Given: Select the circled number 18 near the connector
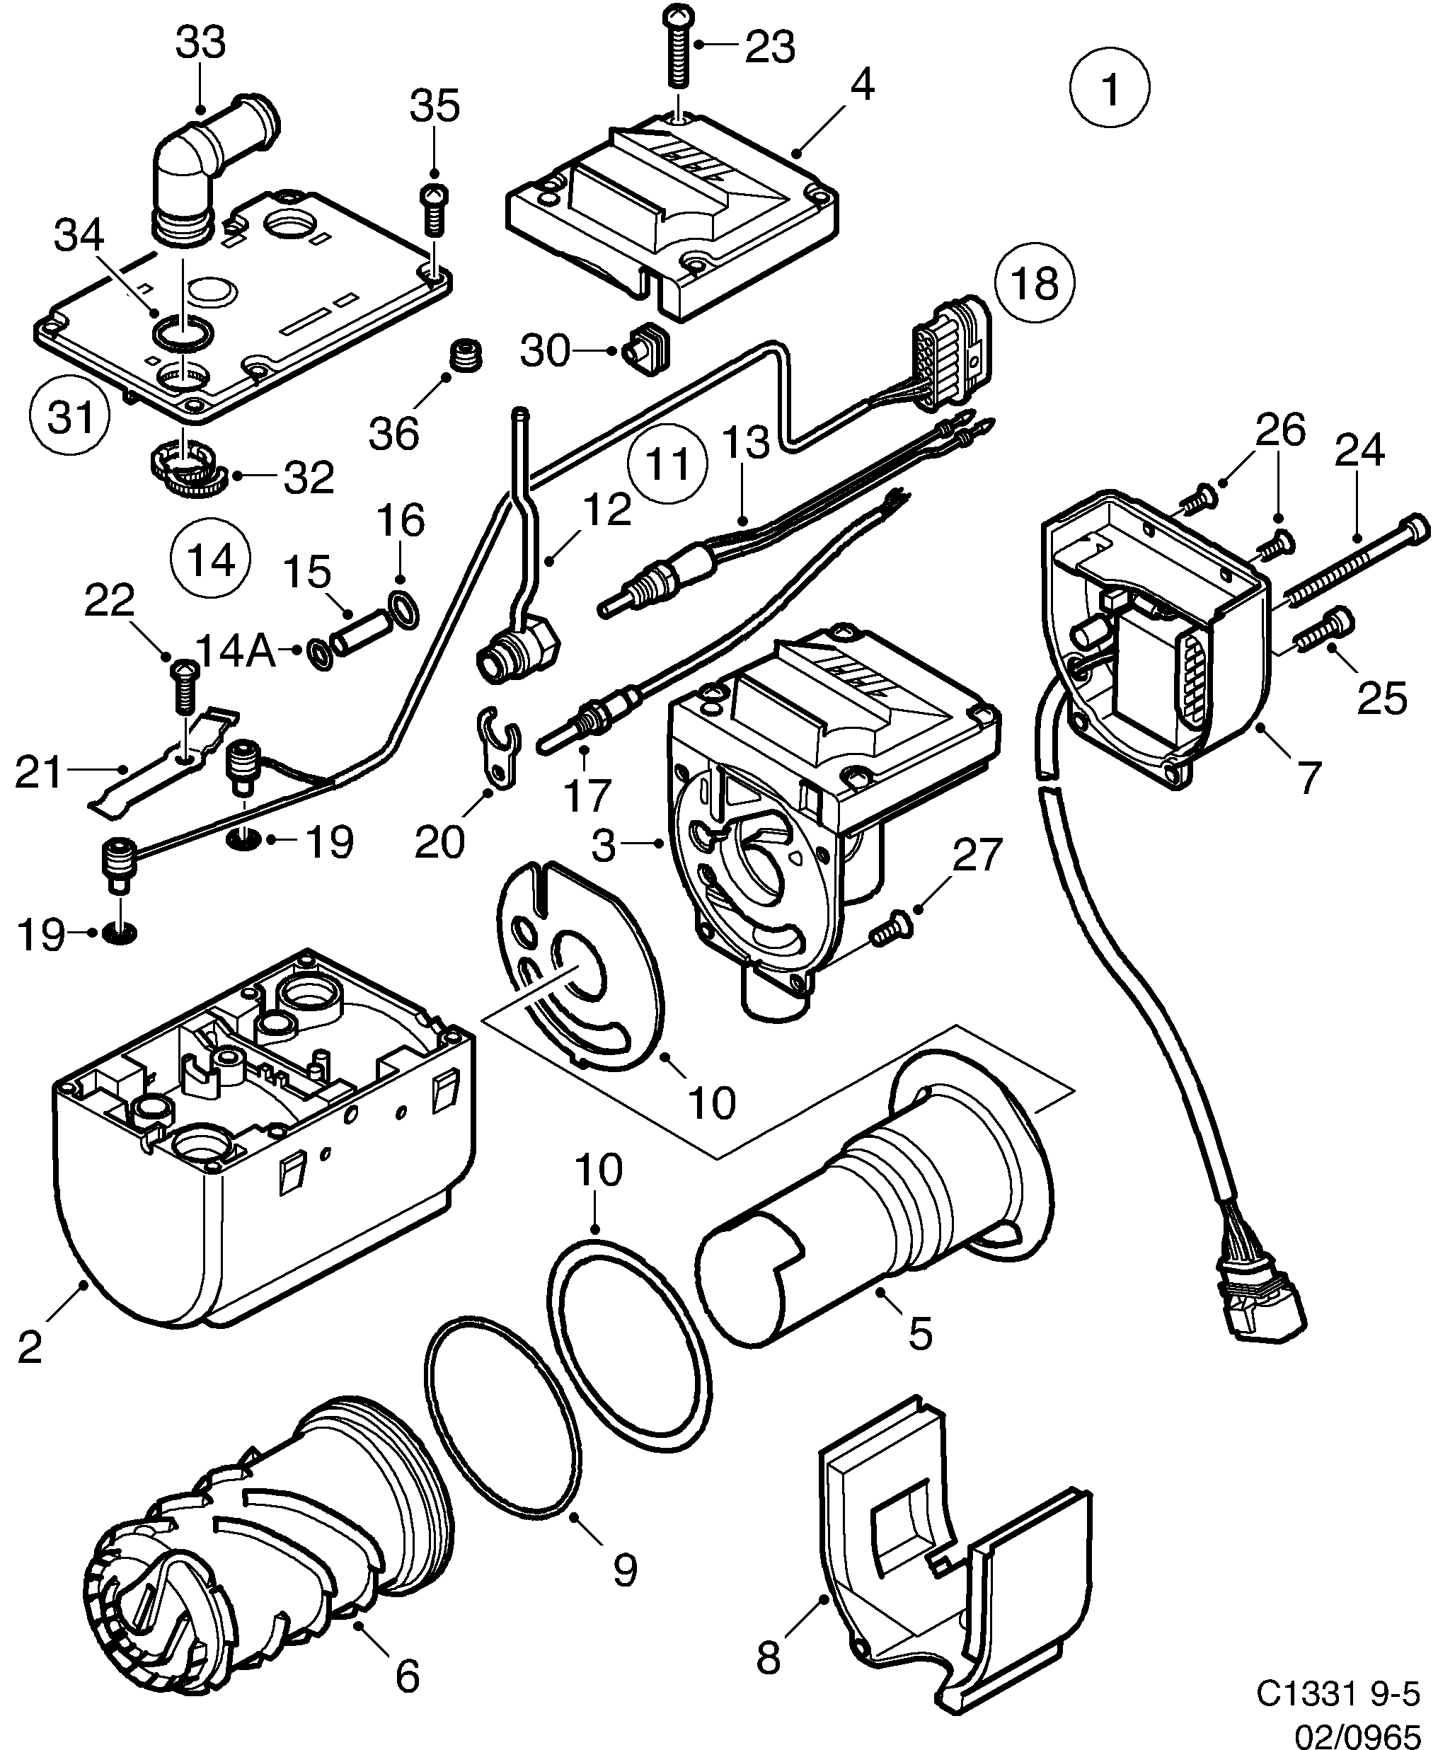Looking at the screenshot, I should click(1035, 282).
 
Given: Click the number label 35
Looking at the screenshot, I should click(435, 107).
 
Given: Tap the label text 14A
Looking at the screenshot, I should click(236, 652).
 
